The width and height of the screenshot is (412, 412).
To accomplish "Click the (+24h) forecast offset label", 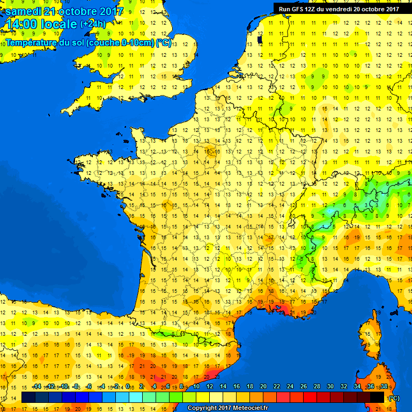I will tap(93, 24).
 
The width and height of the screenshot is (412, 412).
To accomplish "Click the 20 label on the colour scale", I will tap(263, 387).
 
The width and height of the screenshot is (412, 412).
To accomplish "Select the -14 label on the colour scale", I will tap(36, 387).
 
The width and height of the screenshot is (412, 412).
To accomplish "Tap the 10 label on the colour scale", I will tap(196, 387).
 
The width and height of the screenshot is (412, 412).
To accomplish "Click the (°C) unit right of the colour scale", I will tap(394, 398).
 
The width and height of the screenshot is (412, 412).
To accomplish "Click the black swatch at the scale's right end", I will tap(377, 397).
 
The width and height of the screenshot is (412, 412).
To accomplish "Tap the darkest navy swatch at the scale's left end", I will tap(28, 397).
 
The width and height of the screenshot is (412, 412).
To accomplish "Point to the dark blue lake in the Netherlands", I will tap(260, 39).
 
